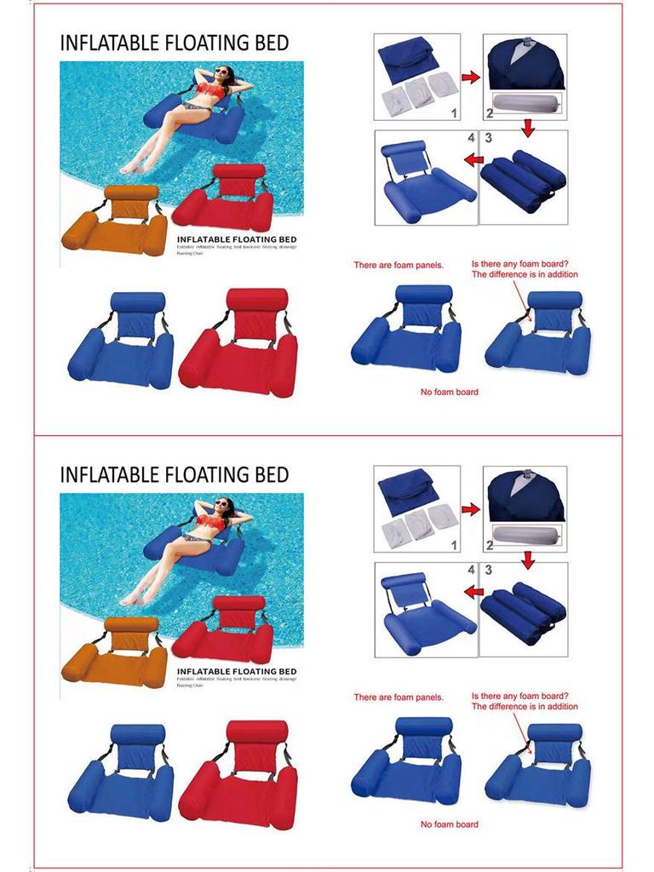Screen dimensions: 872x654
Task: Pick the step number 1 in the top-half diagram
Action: click(454, 112)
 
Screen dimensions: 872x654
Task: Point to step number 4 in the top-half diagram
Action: click(469, 137)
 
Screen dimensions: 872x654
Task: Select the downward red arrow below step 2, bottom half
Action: click(528, 559)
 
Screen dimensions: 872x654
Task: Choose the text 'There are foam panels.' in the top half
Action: click(399, 266)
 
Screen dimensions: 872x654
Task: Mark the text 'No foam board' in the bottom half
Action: click(449, 824)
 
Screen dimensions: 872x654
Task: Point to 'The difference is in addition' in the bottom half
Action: click(525, 707)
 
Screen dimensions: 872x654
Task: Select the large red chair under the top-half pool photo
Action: click(238, 345)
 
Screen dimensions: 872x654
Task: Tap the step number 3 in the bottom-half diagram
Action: click(488, 569)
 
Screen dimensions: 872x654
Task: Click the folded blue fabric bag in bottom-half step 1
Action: click(408, 490)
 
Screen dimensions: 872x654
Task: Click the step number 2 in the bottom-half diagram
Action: click(489, 545)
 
